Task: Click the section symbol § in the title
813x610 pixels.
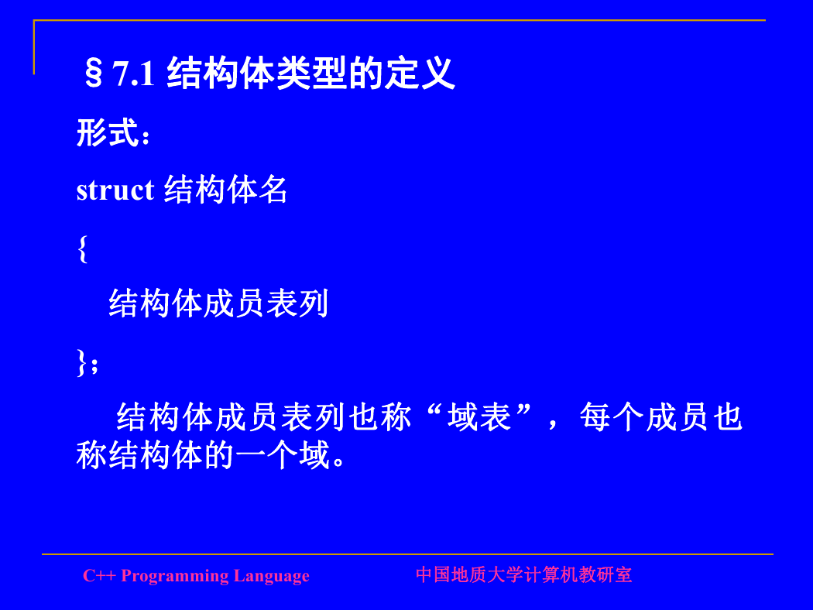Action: point(94,74)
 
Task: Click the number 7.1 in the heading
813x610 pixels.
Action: point(134,74)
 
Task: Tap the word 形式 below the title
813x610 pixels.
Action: point(108,132)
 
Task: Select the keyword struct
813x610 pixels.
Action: point(115,190)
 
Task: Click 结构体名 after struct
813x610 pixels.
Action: point(226,190)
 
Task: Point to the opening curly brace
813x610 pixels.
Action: point(82,249)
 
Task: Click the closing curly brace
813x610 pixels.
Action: point(81,362)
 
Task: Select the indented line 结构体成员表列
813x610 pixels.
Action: point(218,303)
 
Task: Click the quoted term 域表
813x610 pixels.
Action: point(479,417)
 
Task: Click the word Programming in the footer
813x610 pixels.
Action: point(175,576)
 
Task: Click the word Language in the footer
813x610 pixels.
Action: point(271,576)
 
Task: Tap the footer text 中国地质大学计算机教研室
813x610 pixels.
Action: point(523,574)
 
